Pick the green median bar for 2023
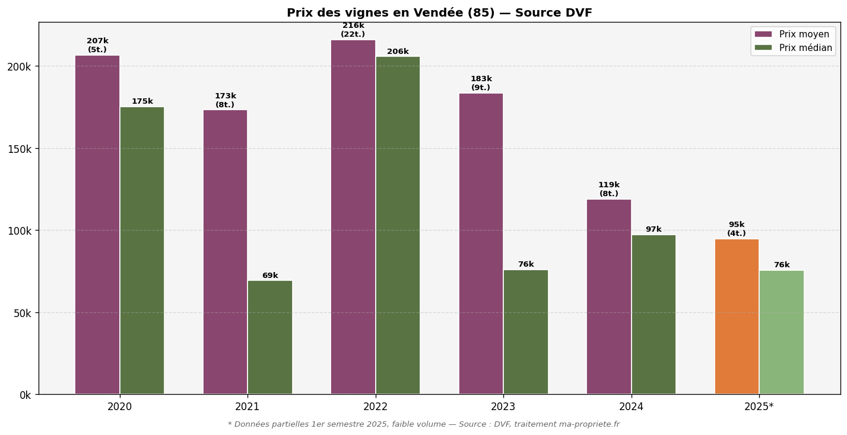pyautogui.click(x=526, y=332)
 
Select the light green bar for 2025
pyautogui.click(x=782, y=332)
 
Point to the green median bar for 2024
pyautogui.click(x=654, y=314)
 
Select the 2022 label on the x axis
pyautogui.click(x=375, y=407)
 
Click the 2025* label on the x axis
pyautogui.click(x=759, y=407)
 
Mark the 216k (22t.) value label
pyautogui.click(x=353, y=30)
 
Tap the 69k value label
pyautogui.click(x=270, y=276)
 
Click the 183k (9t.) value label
pyautogui.click(x=481, y=84)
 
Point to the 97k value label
pyautogui.click(x=654, y=229)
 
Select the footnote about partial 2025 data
pyautogui.click(x=423, y=424)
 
